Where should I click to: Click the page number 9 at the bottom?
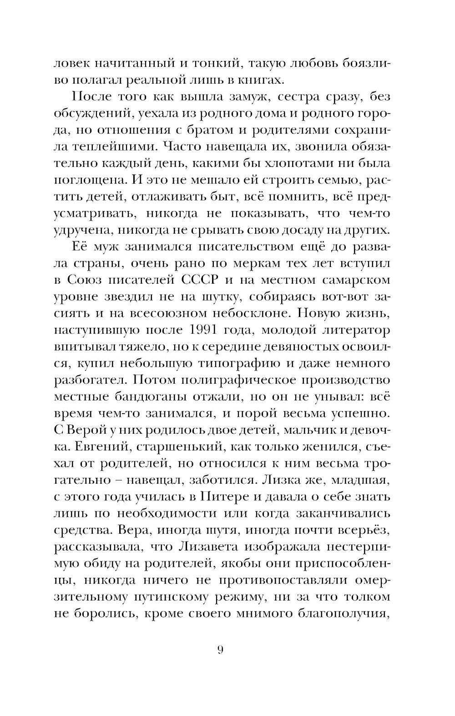pyautogui.click(x=220, y=651)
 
